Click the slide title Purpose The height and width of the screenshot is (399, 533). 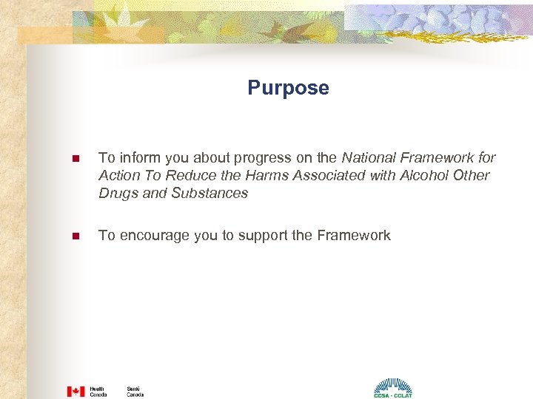coord(288,89)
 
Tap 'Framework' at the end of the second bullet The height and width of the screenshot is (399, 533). coord(353,236)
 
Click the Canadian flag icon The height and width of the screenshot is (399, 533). coord(76,391)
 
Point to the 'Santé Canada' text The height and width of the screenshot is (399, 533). coord(135,391)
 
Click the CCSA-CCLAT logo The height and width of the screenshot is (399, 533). coord(392,389)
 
